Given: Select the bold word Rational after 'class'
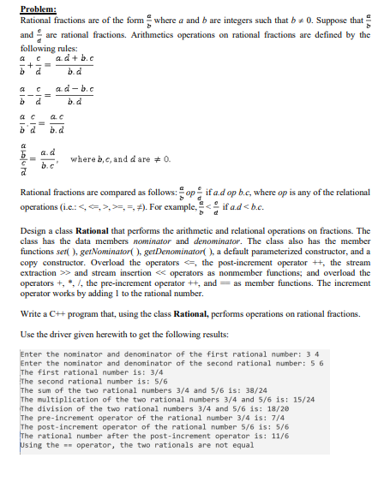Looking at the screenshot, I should click(97, 231).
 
